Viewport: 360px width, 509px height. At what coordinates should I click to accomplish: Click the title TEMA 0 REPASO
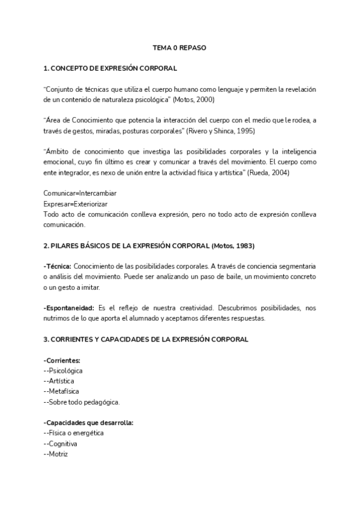[179, 47]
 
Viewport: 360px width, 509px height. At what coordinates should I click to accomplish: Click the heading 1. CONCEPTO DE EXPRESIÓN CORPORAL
[110, 68]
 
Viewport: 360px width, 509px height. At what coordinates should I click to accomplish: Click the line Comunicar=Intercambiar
[80, 193]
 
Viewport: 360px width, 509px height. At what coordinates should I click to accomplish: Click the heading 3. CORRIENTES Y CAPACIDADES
[146, 339]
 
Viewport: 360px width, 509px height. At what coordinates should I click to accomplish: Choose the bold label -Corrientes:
[62, 360]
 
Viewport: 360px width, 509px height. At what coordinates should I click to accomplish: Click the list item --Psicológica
[63, 370]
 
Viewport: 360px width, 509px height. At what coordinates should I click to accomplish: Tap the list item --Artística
[61, 381]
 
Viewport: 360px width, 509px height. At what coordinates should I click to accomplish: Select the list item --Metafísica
[62, 391]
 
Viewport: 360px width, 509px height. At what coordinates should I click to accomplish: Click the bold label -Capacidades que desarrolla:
[88, 423]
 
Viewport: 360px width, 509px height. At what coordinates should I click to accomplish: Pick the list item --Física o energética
[74, 433]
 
